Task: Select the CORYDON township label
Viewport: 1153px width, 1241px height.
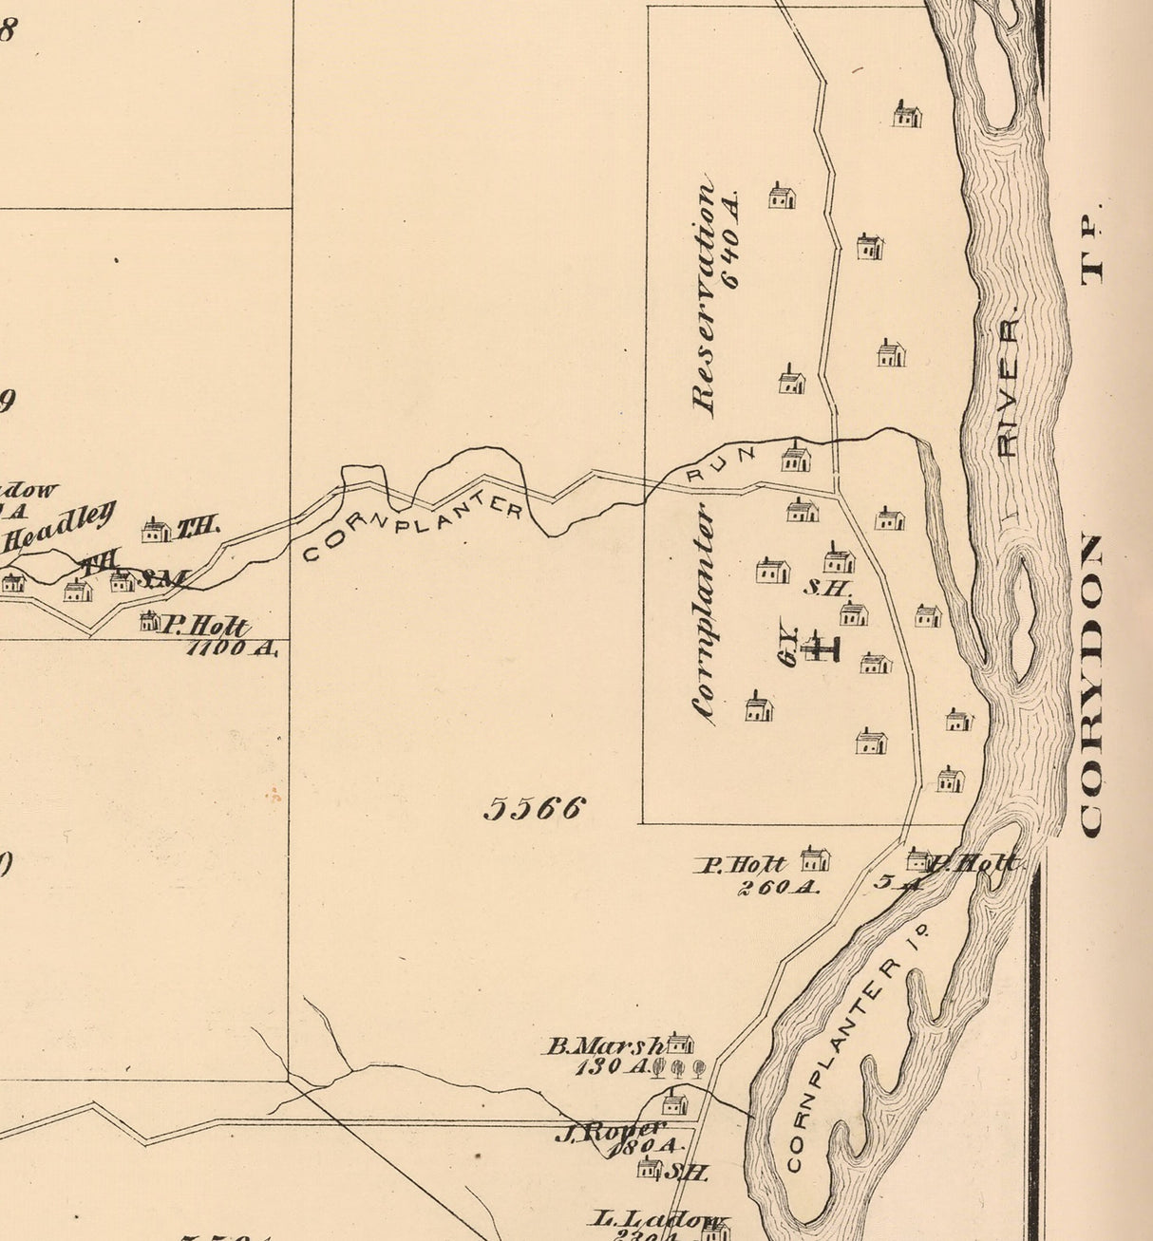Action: click(x=1092, y=686)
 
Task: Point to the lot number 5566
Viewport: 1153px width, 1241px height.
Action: click(x=534, y=809)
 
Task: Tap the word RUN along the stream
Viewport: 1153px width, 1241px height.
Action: click(x=720, y=462)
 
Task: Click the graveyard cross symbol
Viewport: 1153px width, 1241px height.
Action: click(x=820, y=648)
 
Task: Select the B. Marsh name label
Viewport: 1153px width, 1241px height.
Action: click(x=604, y=1046)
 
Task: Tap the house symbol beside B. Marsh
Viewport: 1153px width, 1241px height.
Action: click(x=679, y=1043)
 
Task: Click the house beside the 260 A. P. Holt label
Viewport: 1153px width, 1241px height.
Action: click(x=815, y=859)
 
